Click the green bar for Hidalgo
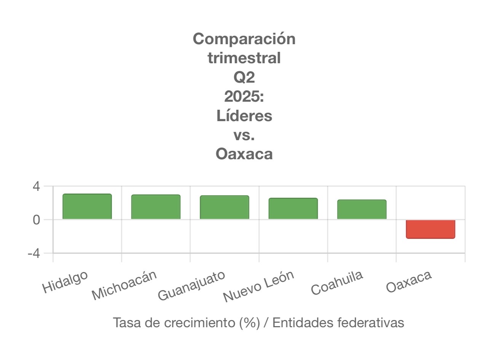[87, 206]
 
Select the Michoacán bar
[156, 207]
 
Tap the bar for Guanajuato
[224, 207]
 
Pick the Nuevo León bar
[293, 208]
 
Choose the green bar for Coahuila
[362, 209]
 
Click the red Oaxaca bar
[430, 229]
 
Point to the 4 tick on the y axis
[36, 187]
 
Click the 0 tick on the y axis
[36, 220]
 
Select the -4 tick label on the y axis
[34, 253]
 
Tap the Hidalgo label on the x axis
[65, 282]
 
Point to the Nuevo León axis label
[259, 286]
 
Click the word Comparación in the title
[244, 39]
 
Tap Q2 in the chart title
[244, 77]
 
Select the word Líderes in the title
[244, 116]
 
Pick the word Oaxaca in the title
[244, 154]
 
